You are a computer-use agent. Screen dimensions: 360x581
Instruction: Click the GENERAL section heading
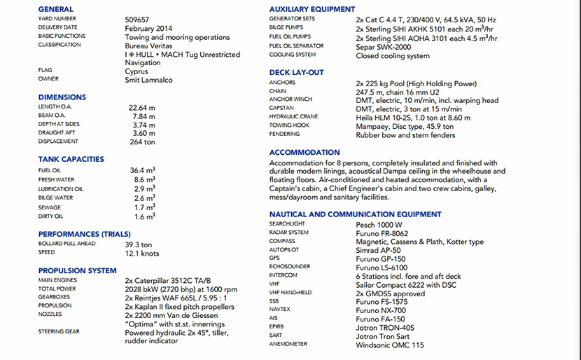tap(57, 8)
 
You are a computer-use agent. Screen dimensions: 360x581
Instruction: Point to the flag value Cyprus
tap(137, 71)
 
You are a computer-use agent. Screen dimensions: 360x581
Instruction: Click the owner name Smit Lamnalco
tap(148, 79)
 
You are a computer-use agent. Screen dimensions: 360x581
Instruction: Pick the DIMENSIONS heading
tap(62, 97)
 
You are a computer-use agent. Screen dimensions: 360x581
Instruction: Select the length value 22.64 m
tap(143, 107)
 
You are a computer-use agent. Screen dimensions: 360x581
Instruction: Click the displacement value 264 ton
tap(143, 141)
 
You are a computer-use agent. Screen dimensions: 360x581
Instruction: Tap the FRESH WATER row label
tap(56, 180)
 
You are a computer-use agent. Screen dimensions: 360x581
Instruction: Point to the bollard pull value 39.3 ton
tap(139, 244)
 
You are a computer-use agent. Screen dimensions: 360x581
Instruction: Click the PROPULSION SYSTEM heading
tap(78, 270)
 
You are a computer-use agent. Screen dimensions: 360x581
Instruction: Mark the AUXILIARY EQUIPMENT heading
tap(312, 8)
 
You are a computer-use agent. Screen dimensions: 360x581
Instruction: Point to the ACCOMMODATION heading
tap(304, 153)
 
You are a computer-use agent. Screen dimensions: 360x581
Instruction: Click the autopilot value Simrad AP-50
tap(379, 250)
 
